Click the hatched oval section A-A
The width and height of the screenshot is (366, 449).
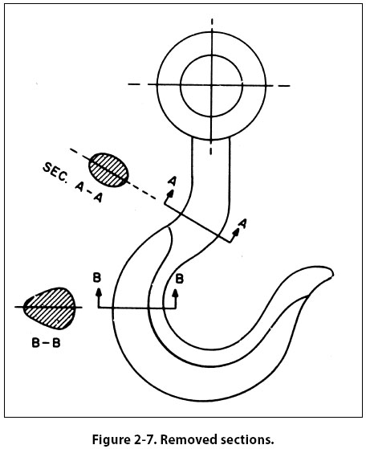(108, 170)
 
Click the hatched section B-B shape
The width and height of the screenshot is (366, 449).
(50, 308)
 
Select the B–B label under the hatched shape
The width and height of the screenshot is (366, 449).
(46, 343)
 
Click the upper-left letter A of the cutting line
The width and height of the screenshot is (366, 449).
(173, 181)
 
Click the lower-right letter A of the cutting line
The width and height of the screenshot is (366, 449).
(242, 223)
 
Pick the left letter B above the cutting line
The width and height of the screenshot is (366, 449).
(97, 278)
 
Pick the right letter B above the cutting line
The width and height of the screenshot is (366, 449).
(180, 279)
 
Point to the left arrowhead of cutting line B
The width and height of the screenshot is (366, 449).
(99, 292)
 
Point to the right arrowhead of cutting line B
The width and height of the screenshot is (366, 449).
(176, 292)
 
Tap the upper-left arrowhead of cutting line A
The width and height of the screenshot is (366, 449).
(170, 194)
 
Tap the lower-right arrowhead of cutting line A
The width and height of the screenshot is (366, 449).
(236, 232)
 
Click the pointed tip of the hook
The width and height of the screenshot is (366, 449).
(333, 272)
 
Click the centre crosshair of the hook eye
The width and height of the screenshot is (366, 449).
(211, 85)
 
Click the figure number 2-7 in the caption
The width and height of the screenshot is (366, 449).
(146, 439)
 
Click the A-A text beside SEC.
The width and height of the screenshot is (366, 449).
(88, 192)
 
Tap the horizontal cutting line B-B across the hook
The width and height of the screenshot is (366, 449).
(137, 308)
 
